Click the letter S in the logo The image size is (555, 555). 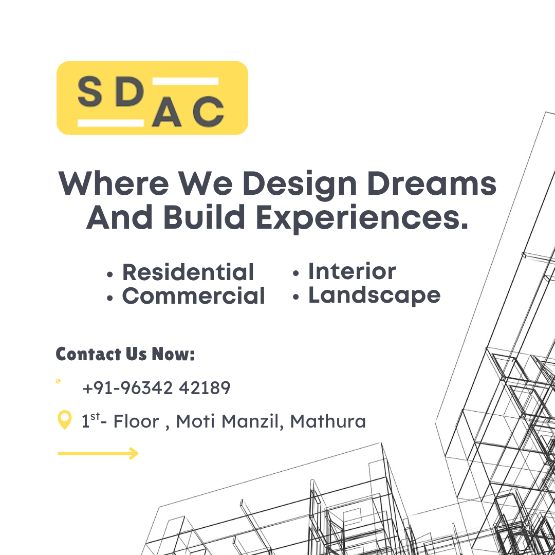[90, 91]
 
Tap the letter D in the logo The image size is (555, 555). [129, 91]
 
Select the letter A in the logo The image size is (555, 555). [166, 112]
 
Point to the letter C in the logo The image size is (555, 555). [209, 112]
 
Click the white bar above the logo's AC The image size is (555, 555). [185, 81]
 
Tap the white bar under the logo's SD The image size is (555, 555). [111, 123]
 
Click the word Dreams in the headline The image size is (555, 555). [432, 183]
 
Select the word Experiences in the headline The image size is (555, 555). [362, 217]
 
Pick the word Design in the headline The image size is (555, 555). [300, 185]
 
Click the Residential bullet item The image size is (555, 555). [188, 272]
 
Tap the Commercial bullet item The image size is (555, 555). [193, 295]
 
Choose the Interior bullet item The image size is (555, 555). [352, 271]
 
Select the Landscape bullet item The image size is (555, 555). [375, 296]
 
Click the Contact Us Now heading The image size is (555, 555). [125, 354]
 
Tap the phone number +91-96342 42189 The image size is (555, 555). [156, 387]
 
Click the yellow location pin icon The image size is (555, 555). [64, 420]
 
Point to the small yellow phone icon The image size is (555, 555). [58, 381]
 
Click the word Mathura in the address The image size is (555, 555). [328, 421]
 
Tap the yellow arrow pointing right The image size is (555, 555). [98, 453]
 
